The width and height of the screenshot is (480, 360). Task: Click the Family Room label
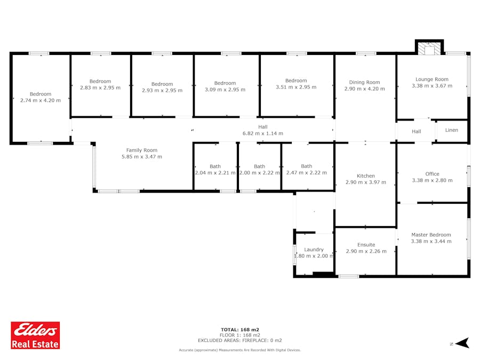(142, 150)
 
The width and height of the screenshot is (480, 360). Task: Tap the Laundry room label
(314, 250)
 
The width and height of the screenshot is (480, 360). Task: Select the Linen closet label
(452, 130)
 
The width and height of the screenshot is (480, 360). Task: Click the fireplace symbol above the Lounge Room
(429, 47)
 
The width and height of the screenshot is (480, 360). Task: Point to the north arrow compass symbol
(462, 343)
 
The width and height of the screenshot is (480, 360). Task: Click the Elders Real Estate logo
(35, 335)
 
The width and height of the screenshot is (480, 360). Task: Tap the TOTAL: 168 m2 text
(240, 330)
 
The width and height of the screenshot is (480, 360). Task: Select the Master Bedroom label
(431, 235)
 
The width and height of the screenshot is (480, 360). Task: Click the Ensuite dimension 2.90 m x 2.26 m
(366, 251)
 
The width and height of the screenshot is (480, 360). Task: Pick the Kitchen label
(366, 175)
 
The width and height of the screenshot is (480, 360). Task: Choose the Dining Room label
(365, 82)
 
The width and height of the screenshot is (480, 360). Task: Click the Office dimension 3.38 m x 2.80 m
(432, 180)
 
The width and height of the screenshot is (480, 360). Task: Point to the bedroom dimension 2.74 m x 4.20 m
(41, 100)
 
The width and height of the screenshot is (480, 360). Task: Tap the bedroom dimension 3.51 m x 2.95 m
(296, 87)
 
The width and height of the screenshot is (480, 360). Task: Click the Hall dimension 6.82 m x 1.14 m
(262, 133)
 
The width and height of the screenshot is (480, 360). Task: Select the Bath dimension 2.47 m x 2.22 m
(307, 173)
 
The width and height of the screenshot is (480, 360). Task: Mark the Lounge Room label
(432, 79)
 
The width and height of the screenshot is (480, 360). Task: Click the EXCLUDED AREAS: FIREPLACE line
(240, 340)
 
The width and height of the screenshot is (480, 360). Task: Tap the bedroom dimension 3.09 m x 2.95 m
(225, 90)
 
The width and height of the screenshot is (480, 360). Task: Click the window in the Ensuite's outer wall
(349, 276)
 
